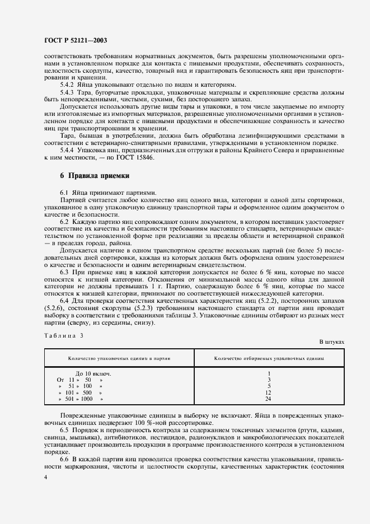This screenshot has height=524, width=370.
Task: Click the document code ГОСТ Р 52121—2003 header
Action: click(x=75, y=41)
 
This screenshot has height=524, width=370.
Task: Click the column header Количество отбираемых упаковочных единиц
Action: click(x=269, y=357)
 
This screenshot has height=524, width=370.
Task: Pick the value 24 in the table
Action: click(x=269, y=399)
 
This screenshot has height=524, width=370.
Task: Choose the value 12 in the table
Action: click(x=269, y=392)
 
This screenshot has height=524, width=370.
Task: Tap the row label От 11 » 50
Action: click(x=76, y=380)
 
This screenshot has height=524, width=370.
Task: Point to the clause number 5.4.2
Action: click(x=68, y=85)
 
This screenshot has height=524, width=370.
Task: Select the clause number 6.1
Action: click(x=64, y=192)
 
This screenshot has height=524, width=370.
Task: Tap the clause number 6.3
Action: click(x=64, y=271)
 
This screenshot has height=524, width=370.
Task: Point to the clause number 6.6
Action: click(x=64, y=458)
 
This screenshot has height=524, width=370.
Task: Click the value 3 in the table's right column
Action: click(x=269, y=380)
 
